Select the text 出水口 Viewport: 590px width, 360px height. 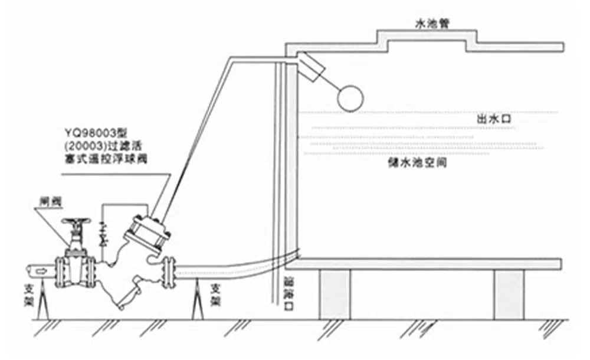tap(493, 119)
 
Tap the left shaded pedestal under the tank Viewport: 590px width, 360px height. tap(335, 293)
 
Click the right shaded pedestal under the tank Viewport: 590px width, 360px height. tap(509, 293)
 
